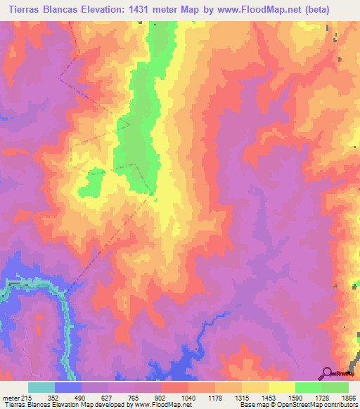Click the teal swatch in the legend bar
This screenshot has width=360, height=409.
point(41,388)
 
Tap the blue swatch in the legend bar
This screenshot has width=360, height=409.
point(68,388)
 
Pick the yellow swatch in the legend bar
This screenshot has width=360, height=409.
point(281,388)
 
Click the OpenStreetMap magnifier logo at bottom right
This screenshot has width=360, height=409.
point(327,373)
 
